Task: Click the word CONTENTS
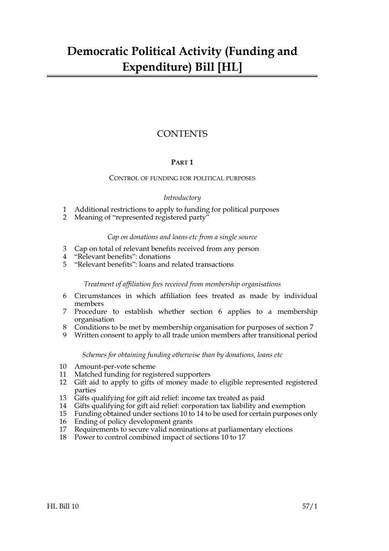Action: tap(182, 134)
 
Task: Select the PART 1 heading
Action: tap(182, 163)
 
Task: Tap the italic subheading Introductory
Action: tap(182, 198)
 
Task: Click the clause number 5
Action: tap(65, 265)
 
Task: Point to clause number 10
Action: tap(63, 367)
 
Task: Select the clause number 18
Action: tap(63, 438)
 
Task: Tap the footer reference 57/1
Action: tap(310, 506)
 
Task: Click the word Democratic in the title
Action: tap(98, 51)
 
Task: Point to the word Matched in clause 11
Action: tap(88, 375)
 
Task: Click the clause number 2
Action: tap(65, 218)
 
